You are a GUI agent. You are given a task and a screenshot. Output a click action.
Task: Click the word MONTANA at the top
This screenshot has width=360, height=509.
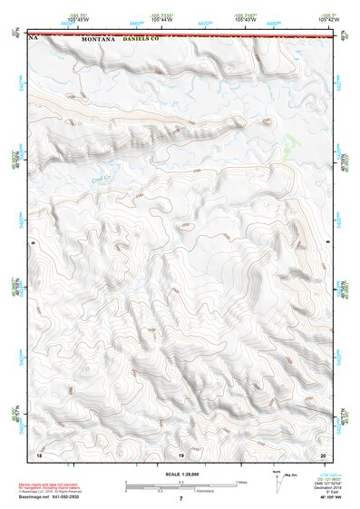click(98, 40)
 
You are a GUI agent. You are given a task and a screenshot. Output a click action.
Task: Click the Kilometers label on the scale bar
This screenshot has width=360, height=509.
click(208, 490)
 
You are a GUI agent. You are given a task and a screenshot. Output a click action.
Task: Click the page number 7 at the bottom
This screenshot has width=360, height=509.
click(180, 499)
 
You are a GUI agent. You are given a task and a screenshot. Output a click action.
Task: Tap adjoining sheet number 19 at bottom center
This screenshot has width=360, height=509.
click(180, 453)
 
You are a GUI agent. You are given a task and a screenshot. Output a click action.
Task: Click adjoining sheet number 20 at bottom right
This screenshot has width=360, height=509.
click(324, 453)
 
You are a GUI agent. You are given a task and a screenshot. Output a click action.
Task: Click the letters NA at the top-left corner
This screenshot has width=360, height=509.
click(34, 40)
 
